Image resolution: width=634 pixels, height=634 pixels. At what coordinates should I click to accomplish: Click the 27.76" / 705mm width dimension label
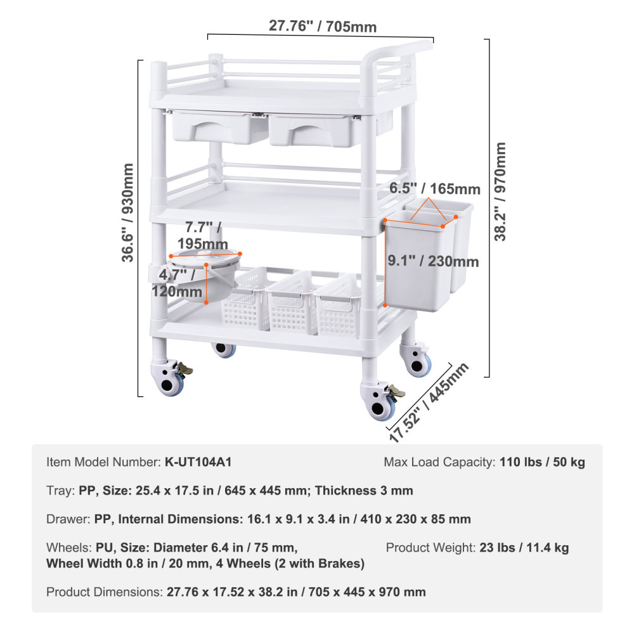tap(323, 26)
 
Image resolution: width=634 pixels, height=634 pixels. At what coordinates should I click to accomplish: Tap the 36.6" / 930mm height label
tap(129, 212)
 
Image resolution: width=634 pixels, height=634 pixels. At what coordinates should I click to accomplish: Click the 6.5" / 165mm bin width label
tap(434, 189)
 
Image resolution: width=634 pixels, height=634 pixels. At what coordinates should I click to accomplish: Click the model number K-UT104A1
tap(198, 462)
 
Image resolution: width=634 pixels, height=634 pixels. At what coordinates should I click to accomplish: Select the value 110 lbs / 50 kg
tap(542, 462)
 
